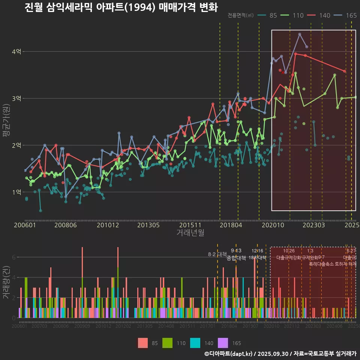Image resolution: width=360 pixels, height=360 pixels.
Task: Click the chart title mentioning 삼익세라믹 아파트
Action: (x=121, y=7)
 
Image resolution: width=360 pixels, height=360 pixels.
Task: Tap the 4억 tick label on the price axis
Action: (x=16, y=52)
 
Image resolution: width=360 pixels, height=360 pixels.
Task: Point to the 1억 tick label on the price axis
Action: (x=16, y=192)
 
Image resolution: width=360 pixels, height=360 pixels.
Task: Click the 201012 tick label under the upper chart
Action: (x=108, y=225)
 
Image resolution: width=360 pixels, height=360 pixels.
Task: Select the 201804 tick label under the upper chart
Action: (x=230, y=225)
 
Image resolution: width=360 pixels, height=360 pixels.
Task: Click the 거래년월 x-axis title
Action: (x=190, y=233)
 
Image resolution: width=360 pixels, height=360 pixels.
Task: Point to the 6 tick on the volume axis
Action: (x=14, y=257)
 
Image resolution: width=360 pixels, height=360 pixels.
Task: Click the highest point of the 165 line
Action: (x=300, y=34)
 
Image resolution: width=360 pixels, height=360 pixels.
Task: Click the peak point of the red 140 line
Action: (x=295, y=54)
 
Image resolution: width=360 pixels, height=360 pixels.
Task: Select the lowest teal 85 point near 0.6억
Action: (x=40, y=211)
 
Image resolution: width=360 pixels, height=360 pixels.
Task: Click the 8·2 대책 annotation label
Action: (x=217, y=254)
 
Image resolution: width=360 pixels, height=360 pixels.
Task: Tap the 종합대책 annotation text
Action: (x=236, y=258)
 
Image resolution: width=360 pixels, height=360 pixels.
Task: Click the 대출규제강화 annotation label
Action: (x=288, y=258)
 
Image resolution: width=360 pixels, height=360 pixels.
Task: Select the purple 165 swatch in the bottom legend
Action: (x=223, y=343)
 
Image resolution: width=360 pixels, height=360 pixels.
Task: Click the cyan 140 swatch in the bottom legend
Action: (x=195, y=343)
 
